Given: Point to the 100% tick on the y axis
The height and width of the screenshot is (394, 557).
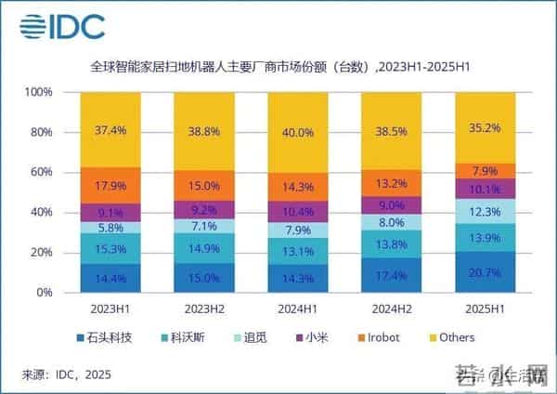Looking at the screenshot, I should [x=40, y=93].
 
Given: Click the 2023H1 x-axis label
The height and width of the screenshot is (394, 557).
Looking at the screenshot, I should [x=110, y=308].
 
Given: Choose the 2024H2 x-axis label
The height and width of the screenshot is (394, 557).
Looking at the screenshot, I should [x=391, y=308].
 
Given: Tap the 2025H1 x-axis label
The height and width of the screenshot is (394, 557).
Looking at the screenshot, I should [x=485, y=308].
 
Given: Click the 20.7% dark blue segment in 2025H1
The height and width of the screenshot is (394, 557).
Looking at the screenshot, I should [x=485, y=271].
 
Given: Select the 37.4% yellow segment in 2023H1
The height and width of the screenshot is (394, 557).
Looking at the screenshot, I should [x=110, y=130].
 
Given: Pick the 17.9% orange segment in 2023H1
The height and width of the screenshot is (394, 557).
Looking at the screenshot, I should [x=110, y=185].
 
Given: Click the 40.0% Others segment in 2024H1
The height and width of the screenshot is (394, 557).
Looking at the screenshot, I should [x=297, y=133].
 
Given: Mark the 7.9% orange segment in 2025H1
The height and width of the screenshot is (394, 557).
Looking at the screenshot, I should [x=485, y=171].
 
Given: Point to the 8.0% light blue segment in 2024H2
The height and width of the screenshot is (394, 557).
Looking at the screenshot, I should [x=391, y=223].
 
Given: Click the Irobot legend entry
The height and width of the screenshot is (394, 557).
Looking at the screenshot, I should [x=378, y=337].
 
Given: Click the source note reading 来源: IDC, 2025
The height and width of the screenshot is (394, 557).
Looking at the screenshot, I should [x=66, y=374].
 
